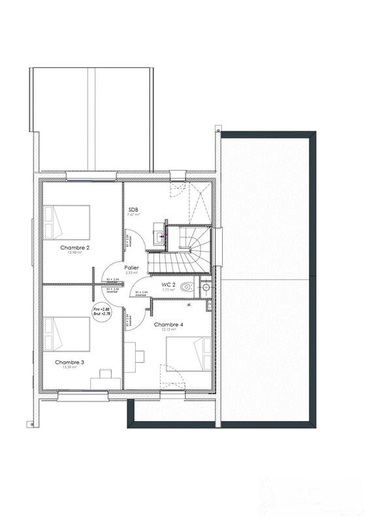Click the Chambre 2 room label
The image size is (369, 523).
click(x=75, y=248)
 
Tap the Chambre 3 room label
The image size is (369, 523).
click(x=69, y=362)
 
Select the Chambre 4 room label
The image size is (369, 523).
click(x=168, y=324)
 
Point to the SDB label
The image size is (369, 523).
click(x=133, y=209)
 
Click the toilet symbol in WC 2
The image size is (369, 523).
click(x=187, y=286)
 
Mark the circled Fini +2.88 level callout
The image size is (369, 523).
click(x=102, y=311)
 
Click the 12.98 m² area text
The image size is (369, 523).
click(x=74, y=254)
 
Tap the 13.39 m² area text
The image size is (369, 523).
click(x=69, y=367)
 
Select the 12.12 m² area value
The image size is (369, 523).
click(x=168, y=330)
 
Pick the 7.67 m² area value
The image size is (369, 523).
click(x=133, y=214)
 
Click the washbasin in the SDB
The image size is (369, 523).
click(x=159, y=233)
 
